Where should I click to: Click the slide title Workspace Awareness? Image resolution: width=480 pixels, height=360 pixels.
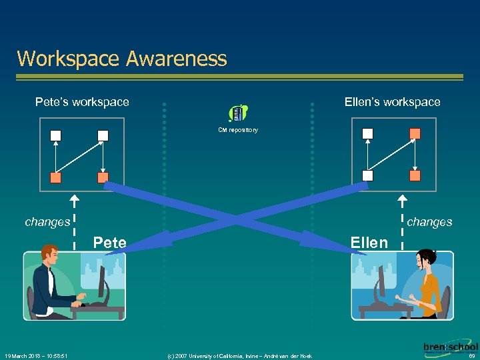click(x=122, y=59)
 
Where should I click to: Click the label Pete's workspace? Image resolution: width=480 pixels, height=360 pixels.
click(x=82, y=102)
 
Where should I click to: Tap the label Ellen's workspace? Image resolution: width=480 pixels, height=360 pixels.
click(x=392, y=102)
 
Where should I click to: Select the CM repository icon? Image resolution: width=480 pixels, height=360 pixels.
click(x=238, y=114)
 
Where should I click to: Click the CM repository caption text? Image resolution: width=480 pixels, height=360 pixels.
click(x=238, y=130)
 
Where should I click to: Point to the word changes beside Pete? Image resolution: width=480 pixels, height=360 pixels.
click(x=47, y=222)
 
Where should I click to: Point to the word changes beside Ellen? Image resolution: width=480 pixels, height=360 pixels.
click(x=429, y=222)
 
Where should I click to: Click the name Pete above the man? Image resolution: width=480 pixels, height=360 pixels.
click(x=110, y=242)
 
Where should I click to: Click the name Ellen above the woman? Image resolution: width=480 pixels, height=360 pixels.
click(x=369, y=243)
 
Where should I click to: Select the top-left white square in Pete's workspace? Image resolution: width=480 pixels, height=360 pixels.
click(x=56, y=135)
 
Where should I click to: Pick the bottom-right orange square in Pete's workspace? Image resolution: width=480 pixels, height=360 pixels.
click(x=103, y=178)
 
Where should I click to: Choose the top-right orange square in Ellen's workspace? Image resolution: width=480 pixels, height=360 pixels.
click(x=415, y=133)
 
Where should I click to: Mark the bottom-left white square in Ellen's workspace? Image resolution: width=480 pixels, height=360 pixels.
click(x=367, y=175)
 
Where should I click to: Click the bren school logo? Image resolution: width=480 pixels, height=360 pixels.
click(x=450, y=348)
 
